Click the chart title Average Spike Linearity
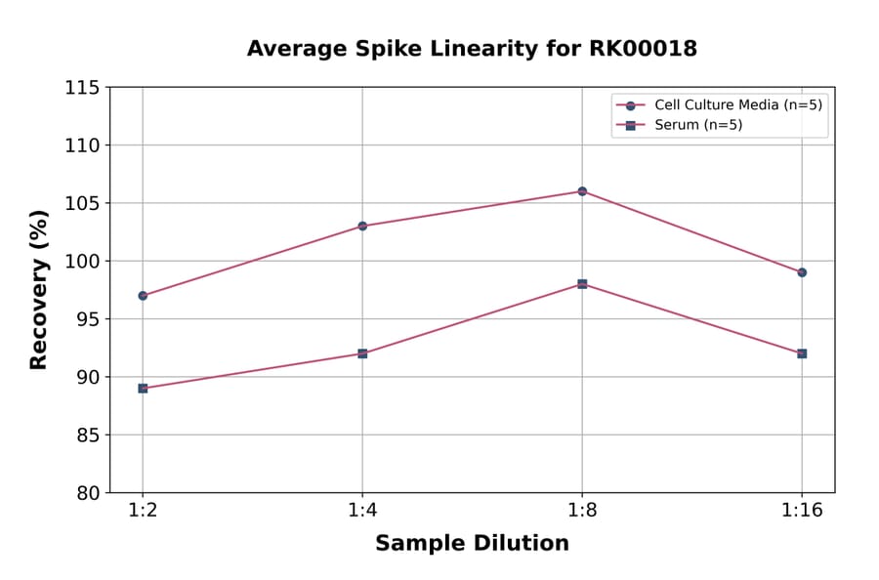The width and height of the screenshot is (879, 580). [x=472, y=49]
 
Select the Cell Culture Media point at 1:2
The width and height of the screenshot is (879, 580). [x=143, y=296]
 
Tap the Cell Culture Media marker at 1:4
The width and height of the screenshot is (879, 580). [x=362, y=226]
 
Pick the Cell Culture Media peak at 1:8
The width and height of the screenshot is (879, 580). [x=582, y=191]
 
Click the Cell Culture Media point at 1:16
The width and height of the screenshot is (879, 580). [x=802, y=272]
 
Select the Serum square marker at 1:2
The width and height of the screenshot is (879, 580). [x=143, y=389]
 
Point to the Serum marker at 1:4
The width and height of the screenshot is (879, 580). [x=362, y=353]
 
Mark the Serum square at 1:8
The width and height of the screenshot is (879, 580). [x=582, y=284]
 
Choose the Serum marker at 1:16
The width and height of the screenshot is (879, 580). [x=802, y=353]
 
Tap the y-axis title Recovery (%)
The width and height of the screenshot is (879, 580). [x=39, y=290]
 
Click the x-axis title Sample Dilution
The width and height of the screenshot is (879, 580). [x=472, y=544]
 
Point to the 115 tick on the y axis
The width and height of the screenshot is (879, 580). [x=82, y=88]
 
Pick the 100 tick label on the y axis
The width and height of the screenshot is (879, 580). [x=82, y=262]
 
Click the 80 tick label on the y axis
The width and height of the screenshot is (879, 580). [x=87, y=493]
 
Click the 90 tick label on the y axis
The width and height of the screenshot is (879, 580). [x=87, y=378]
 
